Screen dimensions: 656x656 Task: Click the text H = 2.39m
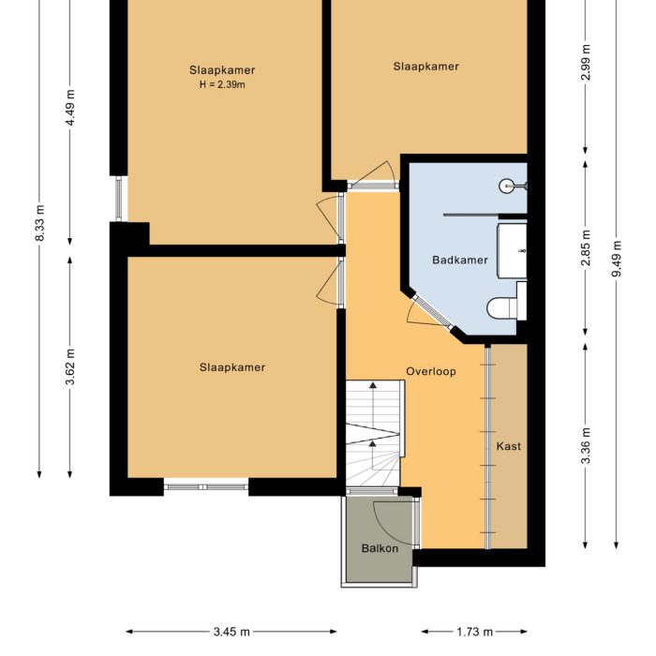(x=222, y=84)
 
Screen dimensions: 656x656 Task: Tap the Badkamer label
(x=460, y=260)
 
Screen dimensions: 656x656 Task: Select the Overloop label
(x=431, y=371)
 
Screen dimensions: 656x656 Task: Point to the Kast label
(x=509, y=446)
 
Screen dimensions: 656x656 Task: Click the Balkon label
(x=380, y=548)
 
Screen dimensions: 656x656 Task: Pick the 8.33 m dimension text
(x=39, y=223)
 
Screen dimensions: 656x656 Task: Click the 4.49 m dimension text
(x=70, y=111)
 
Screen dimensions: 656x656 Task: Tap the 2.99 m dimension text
(x=586, y=63)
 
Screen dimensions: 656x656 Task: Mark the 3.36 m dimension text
(x=586, y=446)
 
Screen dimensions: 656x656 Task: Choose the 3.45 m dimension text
(x=231, y=633)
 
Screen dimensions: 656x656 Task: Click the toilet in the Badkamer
(x=504, y=306)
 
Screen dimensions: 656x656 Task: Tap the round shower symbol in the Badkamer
(x=507, y=186)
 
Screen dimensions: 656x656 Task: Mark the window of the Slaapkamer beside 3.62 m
(x=205, y=485)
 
